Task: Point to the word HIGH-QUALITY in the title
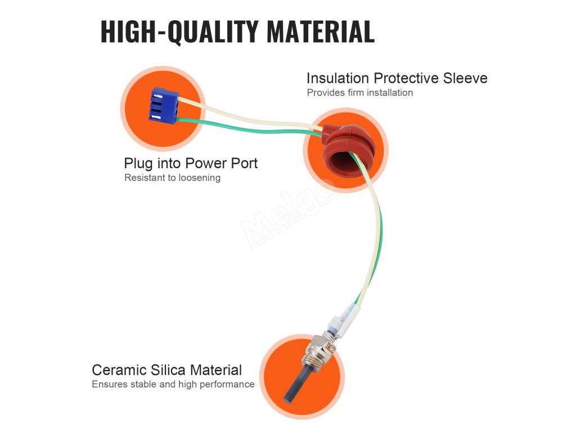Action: [180, 31]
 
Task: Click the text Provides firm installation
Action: [359, 93]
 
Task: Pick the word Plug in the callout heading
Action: [138, 164]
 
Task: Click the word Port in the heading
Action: [244, 164]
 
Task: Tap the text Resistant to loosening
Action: [172, 178]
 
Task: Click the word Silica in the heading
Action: [168, 370]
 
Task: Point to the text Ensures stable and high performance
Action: [173, 385]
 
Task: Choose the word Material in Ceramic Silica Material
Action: [216, 370]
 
